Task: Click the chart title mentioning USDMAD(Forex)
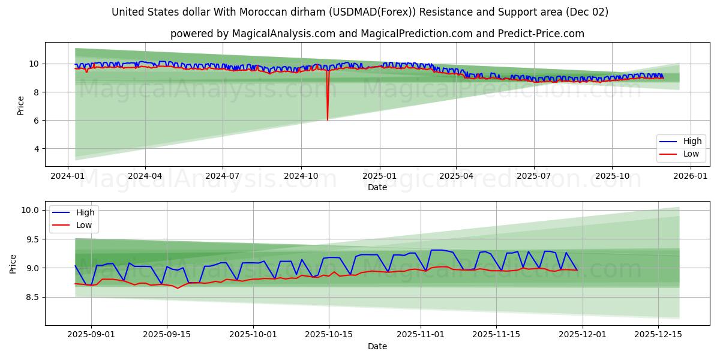pyautogui.click(x=360, y=12)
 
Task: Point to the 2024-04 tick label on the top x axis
pyautogui.click(x=145, y=176)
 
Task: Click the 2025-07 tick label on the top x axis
pyautogui.click(x=534, y=176)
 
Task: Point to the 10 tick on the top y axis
pyautogui.click(x=34, y=64)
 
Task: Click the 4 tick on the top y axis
pyautogui.click(x=36, y=148)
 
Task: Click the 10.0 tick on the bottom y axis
pyautogui.click(x=31, y=210)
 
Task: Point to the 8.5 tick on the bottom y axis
pyautogui.click(x=32, y=297)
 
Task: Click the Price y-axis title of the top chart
pyautogui.click(x=21, y=105)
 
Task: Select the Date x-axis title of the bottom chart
pyautogui.click(x=377, y=346)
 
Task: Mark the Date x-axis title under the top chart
pyautogui.click(x=377, y=187)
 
